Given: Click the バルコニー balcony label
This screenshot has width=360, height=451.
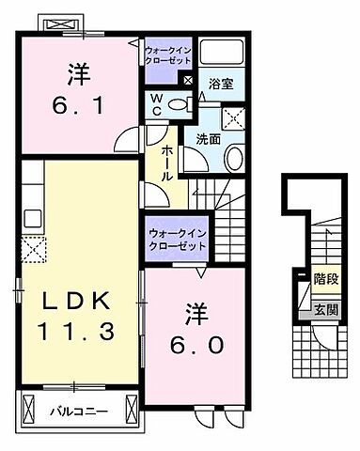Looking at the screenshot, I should [x=76, y=411].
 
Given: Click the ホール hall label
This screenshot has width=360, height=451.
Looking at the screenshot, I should [x=165, y=164].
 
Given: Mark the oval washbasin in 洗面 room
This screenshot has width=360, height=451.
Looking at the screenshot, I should [x=234, y=157].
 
